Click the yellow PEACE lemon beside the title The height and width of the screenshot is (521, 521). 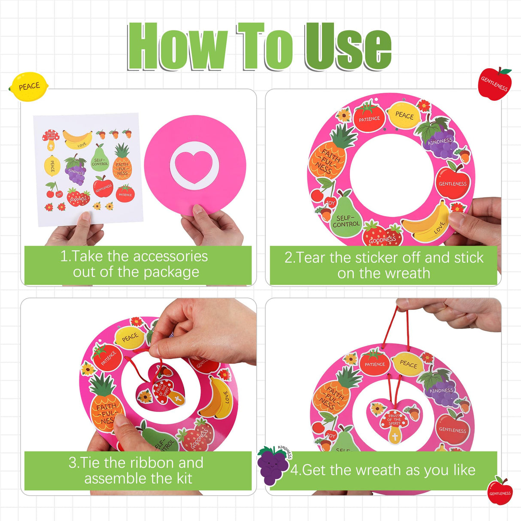pyautogui.click(x=28, y=87)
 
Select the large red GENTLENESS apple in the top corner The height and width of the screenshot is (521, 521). pyautogui.click(x=495, y=83)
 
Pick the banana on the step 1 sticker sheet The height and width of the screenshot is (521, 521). pyautogui.click(x=77, y=140)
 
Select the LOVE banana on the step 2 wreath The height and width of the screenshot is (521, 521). pyautogui.click(x=427, y=224)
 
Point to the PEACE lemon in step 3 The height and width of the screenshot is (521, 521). pyautogui.click(x=130, y=337)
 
